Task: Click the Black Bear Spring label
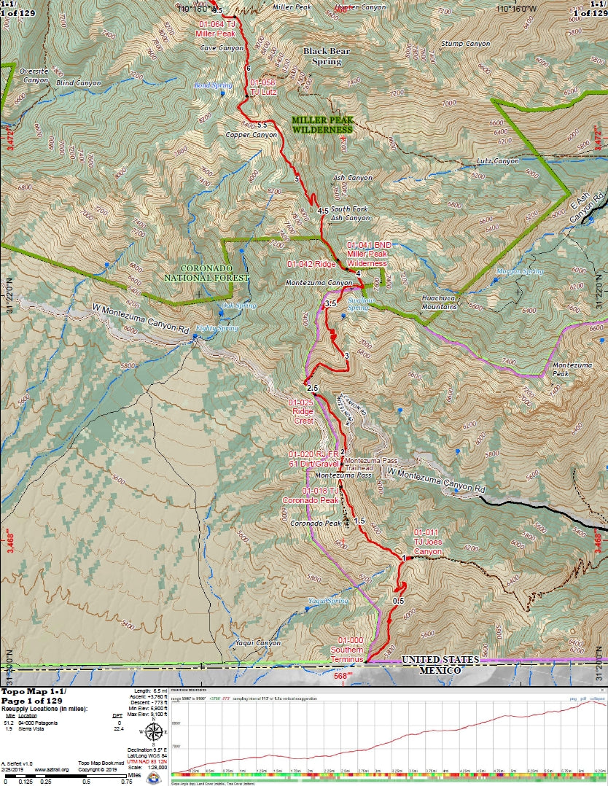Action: [322, 57]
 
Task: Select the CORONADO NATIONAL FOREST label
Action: [206, 272]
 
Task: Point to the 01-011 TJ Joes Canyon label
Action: [427, 542]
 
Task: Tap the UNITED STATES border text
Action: [440, 660]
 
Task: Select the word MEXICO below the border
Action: [438, 670]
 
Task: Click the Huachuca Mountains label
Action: [440, 303]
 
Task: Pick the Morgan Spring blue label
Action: [520, 271]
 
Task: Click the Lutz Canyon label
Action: [498, 161]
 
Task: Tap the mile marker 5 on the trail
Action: [297, 179]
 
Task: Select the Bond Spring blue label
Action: [213, 85]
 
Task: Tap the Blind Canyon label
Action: [78, 83]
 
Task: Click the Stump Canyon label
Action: [465, 44]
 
